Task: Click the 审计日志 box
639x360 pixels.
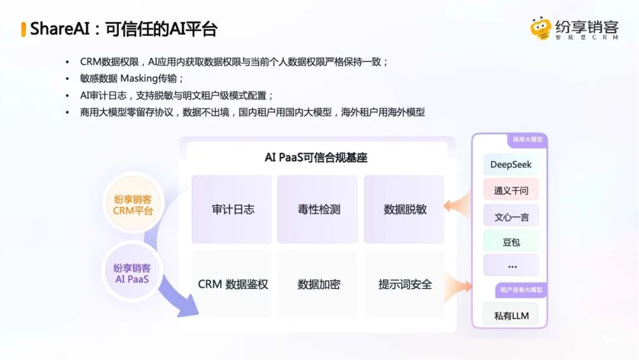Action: point(231,209)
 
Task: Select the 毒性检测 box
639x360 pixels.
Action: point(318,209)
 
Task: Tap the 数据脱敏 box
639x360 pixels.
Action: point(404,209)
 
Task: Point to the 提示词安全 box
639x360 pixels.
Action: point(404,284)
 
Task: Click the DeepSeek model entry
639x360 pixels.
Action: point(511,164)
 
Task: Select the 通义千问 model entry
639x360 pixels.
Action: point(511,190)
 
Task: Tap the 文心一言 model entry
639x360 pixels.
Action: point(511,216)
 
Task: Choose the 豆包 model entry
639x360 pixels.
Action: point(511,242)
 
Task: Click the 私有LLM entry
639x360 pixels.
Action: point(511,315)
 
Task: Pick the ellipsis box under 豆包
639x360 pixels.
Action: point(511,265)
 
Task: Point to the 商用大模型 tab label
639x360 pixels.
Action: point(527,139)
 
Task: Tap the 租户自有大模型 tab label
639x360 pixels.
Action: point(521,290)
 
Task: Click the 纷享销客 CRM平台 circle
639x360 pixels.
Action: point(133,205)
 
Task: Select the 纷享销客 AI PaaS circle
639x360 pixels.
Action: point(132,273)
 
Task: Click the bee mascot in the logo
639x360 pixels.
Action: point(541,28)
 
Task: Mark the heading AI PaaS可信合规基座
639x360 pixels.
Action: point(316,157)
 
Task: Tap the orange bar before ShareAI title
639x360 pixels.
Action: point(23,30)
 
